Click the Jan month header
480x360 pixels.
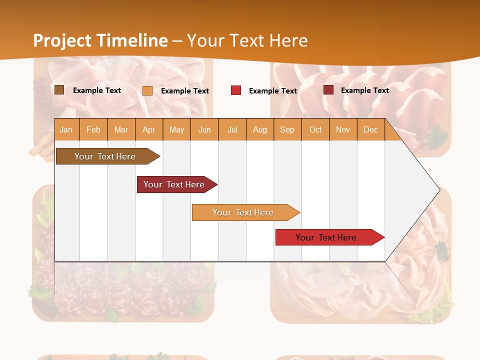tap(66, 130)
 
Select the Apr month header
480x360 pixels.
tap(148, 130)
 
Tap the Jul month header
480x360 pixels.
tap(232, 130)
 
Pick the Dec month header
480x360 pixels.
tap(370, 130)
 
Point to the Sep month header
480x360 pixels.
tap(287, 130)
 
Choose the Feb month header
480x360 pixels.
tap(93, 130)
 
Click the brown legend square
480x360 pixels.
tap(59, 90)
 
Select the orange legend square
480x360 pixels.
tap(147, 90)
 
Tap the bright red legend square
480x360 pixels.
tap(236, 90)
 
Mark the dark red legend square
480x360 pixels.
tap(328, 90)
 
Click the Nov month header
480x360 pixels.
tap(343, 130)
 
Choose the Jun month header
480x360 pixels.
tap(204, 130)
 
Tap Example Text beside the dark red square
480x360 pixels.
tap(364, 90)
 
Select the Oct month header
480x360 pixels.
tap(315, 130)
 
